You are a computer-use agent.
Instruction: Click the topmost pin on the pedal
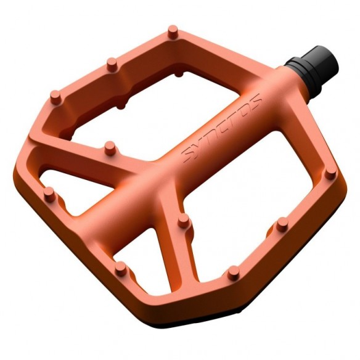pyautogui.click(x=173, y=29)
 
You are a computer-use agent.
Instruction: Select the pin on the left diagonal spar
pyautogui.click(x=110, y=147)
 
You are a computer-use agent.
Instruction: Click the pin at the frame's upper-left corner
pyautogui.click(x=54, y=96)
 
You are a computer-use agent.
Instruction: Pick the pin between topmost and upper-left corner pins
pyautogui.click(x=112, y=62)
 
